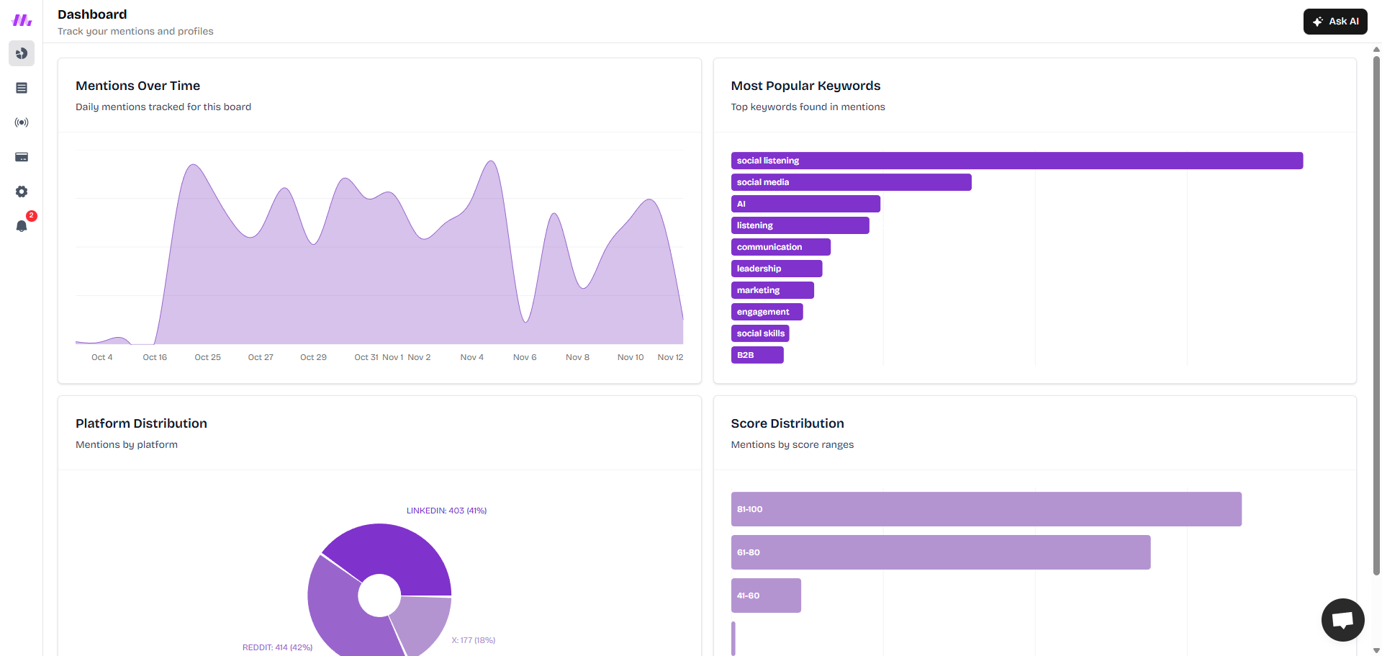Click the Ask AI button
pyautogui.click(x=1335, y=22)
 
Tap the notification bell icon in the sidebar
pyautogui.click(x=22, y=226)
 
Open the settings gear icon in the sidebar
pyautogui.click(x=22, y=192)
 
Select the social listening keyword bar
pyautogui.click(x=1016, y=161)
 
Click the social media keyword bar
pyautogui.click(x=851, y=182)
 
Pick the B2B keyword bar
pyautogui.click(x=757, y=355)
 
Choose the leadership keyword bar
pyautogui.click(x=776, y=269)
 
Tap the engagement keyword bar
pyautogui.click(x=767, y=312)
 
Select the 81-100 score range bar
pyautogui.click(x=986, y=509)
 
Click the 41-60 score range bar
pyautogui.click(x=766, y=596)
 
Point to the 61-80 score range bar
pyautogui.click(x=940, y=552)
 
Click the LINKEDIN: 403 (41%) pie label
pyautogui.click(x=446, y=511)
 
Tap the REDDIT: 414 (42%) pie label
pyautogui.click(x=277, y=647)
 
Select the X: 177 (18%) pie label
pyautogui.click(x=473, y=640)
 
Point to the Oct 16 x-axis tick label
pyautogui.click(x=155, y=357)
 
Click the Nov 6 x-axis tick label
pyautogui.click(x=525, y=357)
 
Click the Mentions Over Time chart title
pyautogui.click(x=137, y=86)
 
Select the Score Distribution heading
pyautogui.click(x=787, y=423)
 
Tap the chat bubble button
pyautogui.click(x=1342, y=619)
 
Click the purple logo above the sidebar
pyautogui.click(x=22, y=20)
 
